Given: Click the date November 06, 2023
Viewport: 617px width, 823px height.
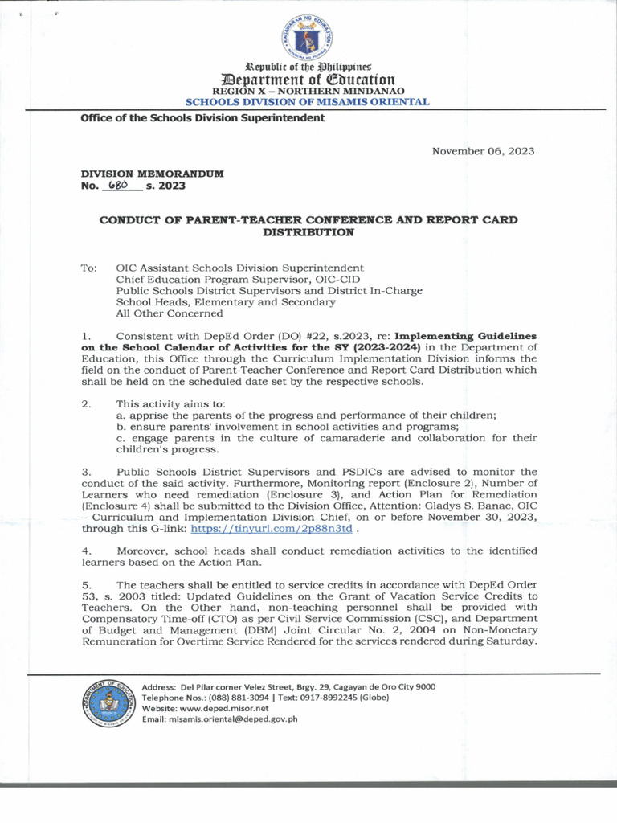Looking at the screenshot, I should [x=483, y=150].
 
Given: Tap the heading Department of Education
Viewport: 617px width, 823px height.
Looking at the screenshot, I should [x=308, y=79].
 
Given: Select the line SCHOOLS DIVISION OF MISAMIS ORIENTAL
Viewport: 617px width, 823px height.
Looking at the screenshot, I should [x=308, y=102].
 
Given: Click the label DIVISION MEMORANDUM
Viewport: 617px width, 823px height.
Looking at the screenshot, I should [x=152, y=174].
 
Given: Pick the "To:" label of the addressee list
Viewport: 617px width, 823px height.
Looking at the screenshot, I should [x=88, y=268].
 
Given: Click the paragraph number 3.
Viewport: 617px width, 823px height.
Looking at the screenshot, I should [x=86, y=472].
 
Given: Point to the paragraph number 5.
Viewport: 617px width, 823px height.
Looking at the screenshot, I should [x=86, y=584].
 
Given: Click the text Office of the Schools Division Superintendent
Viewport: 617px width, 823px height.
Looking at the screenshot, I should [x=202, y=118].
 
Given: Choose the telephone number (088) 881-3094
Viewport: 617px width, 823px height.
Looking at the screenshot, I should [x=244, y=698].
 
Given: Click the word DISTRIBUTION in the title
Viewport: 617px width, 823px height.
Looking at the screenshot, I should [x=308, y=231].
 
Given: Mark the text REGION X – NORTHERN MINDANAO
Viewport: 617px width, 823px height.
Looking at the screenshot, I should [x=308, y=92].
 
